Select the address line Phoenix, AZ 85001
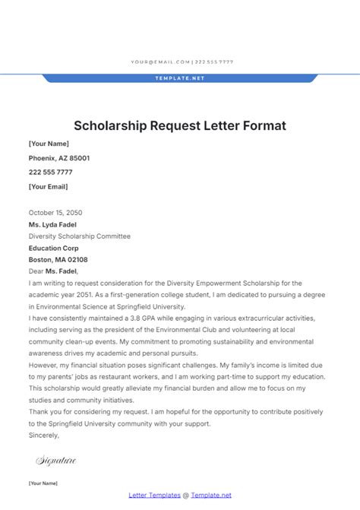click(59, 158)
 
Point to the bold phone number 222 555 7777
click(51, 173)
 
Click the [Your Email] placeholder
click(48, 187)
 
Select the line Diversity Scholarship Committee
click(80, 236)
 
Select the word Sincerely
click(43, 436)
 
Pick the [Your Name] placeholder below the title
click(49, 144)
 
